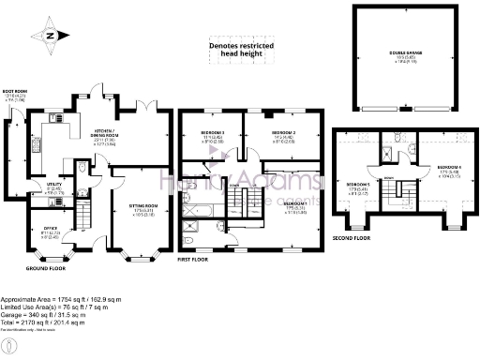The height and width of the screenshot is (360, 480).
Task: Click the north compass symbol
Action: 52,37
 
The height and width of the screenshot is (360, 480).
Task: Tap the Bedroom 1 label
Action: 295,205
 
